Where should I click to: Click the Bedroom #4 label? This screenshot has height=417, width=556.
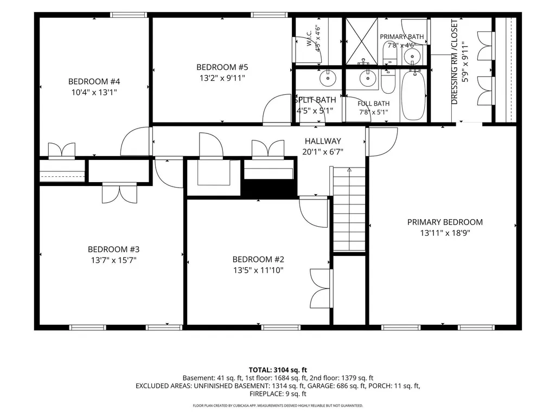tap(94, 81)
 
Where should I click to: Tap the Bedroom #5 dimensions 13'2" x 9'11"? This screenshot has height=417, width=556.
tap(222, 78)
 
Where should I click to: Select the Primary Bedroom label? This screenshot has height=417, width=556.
tap(445, 222)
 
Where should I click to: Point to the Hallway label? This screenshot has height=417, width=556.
tap(323, 141)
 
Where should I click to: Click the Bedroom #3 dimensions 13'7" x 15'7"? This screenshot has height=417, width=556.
tap(113, 260)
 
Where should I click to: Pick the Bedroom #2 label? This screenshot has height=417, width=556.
tap(258, 259)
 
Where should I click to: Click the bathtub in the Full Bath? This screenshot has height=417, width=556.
tap(413, 95)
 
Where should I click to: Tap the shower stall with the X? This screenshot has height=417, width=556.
tap(362, 42)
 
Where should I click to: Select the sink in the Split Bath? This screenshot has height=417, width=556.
tap(328, 78)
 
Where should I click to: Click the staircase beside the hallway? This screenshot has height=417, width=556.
tap(349, 209)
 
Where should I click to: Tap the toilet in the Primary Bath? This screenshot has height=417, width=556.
tap(390, 53)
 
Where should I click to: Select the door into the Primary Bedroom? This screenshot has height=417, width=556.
tap(382, 142)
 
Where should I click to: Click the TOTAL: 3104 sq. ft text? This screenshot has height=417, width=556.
tap(278, 370)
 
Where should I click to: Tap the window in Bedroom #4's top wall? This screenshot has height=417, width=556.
tap(129, 15)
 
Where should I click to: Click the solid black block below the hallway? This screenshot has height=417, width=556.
tap(270, 188)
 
